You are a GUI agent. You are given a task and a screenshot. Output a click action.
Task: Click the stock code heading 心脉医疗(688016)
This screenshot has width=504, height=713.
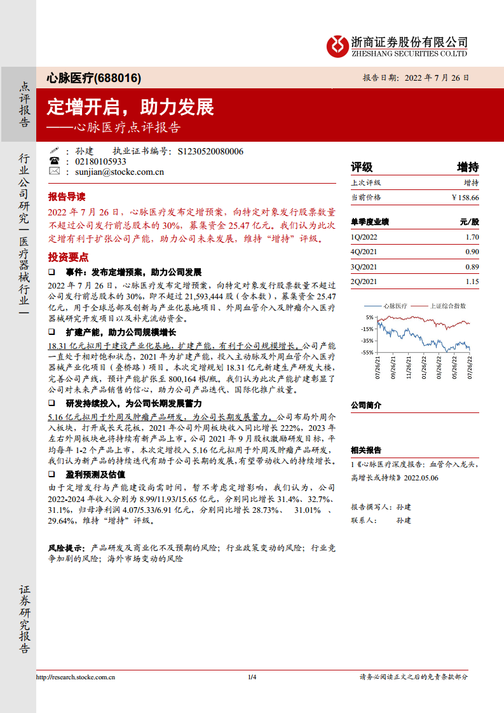94,78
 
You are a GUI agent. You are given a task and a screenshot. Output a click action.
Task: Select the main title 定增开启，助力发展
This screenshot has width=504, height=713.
130,107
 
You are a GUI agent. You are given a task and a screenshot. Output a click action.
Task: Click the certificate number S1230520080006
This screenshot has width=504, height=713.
210,151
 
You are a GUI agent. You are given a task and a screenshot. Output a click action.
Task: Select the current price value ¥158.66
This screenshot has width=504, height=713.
465,198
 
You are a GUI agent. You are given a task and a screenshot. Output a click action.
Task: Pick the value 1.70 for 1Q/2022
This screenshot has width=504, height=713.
472,237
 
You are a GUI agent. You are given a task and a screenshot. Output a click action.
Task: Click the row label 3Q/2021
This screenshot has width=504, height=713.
364,267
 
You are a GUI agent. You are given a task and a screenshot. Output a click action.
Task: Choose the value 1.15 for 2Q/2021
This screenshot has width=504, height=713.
472,282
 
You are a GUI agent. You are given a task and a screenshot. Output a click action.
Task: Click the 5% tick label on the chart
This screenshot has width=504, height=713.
370,316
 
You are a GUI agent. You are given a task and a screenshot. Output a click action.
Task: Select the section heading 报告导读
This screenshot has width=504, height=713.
66,196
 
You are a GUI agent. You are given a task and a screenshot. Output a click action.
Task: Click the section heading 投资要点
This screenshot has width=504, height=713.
66,257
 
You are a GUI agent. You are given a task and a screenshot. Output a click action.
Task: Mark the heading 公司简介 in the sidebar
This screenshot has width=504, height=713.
366,405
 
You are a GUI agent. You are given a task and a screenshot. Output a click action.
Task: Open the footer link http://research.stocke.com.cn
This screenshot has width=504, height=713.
75,677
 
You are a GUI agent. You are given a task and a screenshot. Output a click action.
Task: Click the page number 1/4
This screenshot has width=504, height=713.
252,677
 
